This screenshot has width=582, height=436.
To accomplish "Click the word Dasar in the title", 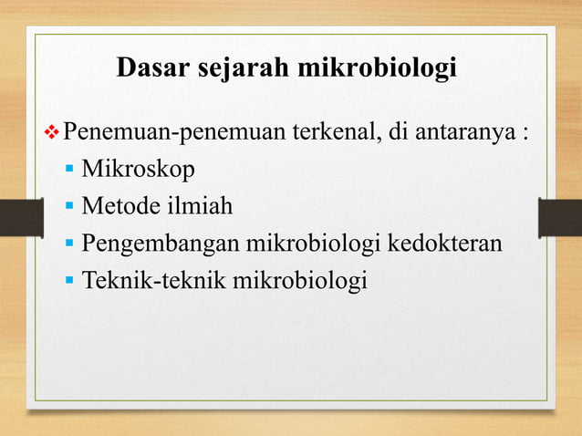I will tap(151, 68).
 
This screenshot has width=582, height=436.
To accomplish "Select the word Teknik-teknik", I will tap(154, 281).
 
